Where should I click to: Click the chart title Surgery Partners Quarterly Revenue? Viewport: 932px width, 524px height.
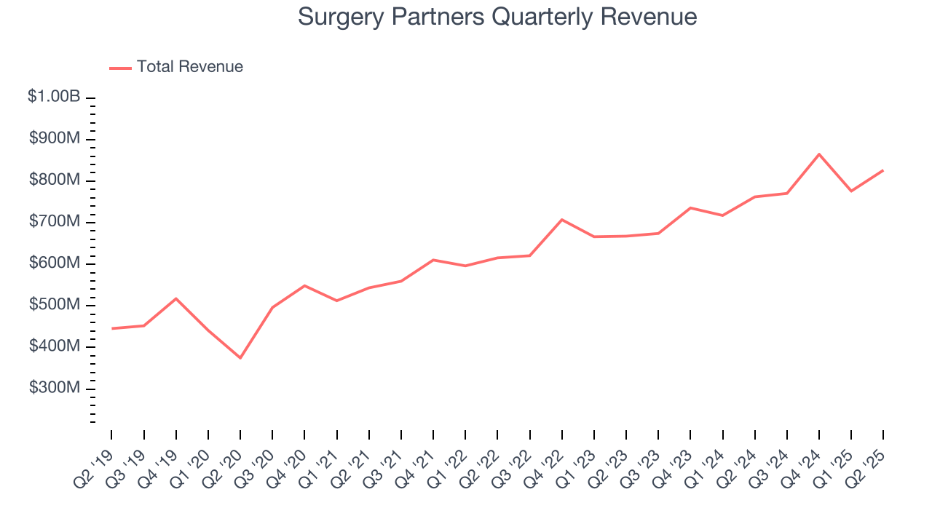[497, 17]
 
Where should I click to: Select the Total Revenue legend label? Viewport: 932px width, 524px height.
[189, 67]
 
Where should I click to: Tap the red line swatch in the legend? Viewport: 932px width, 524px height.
[120, 68]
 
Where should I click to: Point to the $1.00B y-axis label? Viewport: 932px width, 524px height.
[54, 97]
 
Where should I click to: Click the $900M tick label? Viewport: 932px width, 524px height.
[54, 139]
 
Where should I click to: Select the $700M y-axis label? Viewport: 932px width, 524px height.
[54, 222]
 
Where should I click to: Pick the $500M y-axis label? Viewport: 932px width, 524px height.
[54, 305]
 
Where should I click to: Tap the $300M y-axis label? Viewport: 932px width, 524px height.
[54, 389]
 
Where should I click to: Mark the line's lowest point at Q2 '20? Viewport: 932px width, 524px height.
[240, 358]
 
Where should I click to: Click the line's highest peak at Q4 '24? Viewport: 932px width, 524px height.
[819, 154]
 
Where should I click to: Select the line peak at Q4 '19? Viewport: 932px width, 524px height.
[175, 298]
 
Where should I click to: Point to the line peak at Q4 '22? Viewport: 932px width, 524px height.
[561, 219]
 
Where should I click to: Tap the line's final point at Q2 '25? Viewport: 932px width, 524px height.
[883, 170]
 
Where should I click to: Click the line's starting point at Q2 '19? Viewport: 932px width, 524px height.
[111, 328]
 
